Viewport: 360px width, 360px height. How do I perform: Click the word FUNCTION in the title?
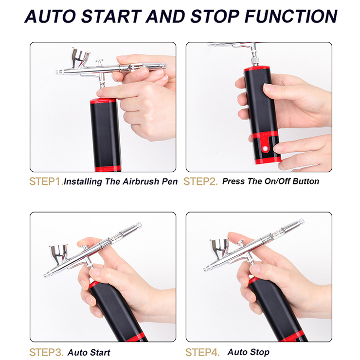click(291, 17)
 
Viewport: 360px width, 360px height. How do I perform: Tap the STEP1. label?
click(46, 181)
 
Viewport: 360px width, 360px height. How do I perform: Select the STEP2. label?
click(200, 181)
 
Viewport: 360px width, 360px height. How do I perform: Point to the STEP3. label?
click(46, 352)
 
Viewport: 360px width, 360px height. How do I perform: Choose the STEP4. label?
click(202, 352)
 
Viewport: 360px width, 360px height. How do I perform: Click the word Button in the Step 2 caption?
click(306, 181)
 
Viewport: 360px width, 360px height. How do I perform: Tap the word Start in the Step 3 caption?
click(100, 352)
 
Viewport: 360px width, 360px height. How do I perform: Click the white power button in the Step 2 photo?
click(265, 148)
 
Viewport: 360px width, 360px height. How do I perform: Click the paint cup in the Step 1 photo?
click(80, 57)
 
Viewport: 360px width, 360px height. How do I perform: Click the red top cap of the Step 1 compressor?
click(103, 101)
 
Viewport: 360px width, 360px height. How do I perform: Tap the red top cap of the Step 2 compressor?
click(257, 69)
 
